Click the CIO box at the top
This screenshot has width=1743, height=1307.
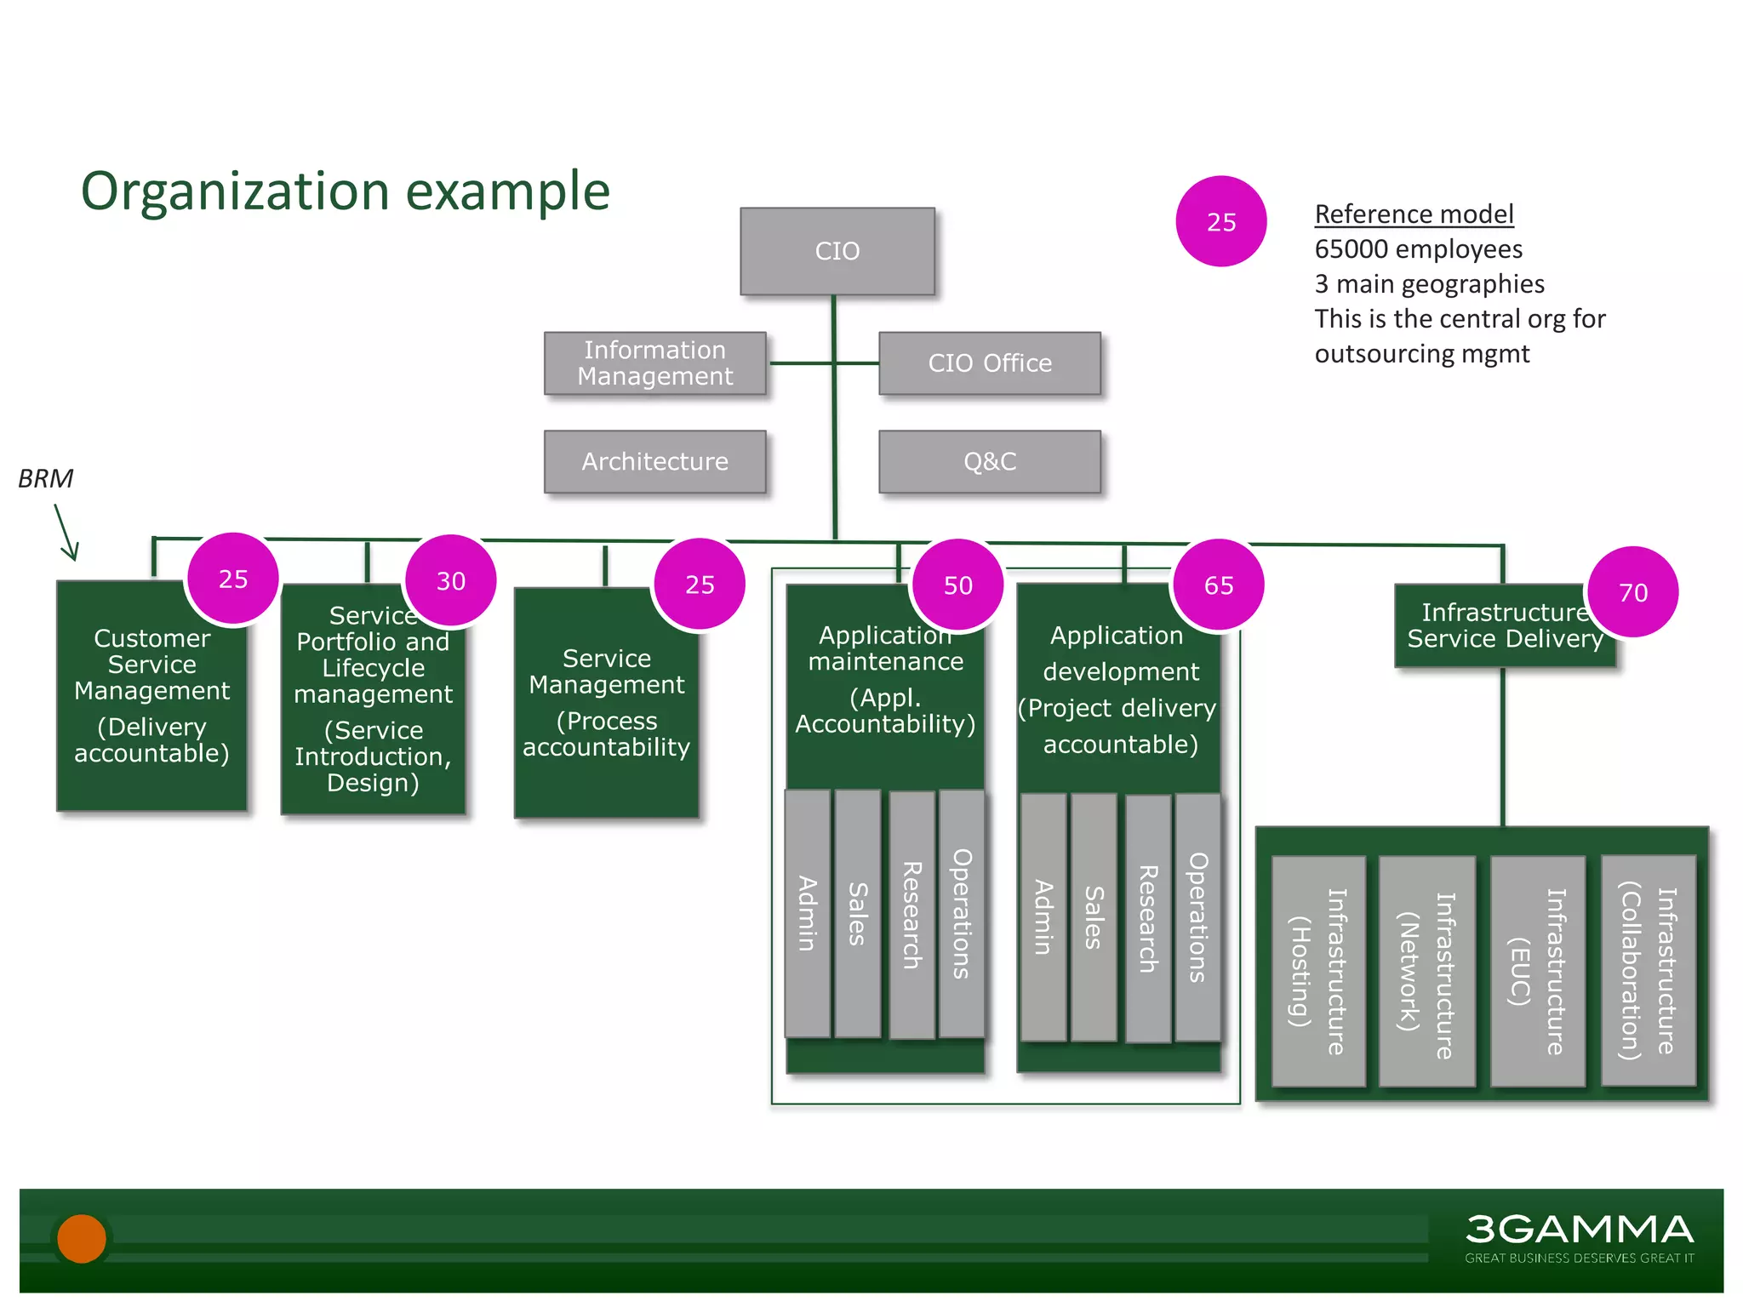(x=837, y=251)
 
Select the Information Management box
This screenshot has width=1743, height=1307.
(x=654, y=363)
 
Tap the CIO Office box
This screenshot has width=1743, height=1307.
(x=989, y=363)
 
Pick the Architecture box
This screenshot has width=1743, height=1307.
(x=654, y=461)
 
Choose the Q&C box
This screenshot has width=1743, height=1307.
(x=989, y=461)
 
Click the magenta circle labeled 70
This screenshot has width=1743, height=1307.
(x=1632, y=592)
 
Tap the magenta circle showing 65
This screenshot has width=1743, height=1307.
(x=1218, y=585)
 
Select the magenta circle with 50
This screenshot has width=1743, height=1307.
(x=957, y=585)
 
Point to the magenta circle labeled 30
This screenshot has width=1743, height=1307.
(x=450, y=581)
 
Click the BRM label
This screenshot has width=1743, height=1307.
(x=46, y=479)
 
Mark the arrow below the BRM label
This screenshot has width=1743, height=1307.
(x=66, y=533)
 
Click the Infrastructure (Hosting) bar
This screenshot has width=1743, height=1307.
(x=1317, y=971)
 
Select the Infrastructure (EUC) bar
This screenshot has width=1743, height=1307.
(x=1537, y=971)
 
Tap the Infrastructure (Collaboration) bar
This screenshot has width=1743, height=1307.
(x=1648, y=971)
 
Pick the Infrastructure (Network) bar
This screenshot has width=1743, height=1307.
(x=1426, y=971)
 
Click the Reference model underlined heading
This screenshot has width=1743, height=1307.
(x=1414, y=214)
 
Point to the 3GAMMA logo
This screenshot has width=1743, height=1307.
(x=1579, y=1236)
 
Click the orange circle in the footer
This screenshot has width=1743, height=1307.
(x=82, y=1238)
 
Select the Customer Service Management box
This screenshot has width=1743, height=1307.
(x=151, y=696)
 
